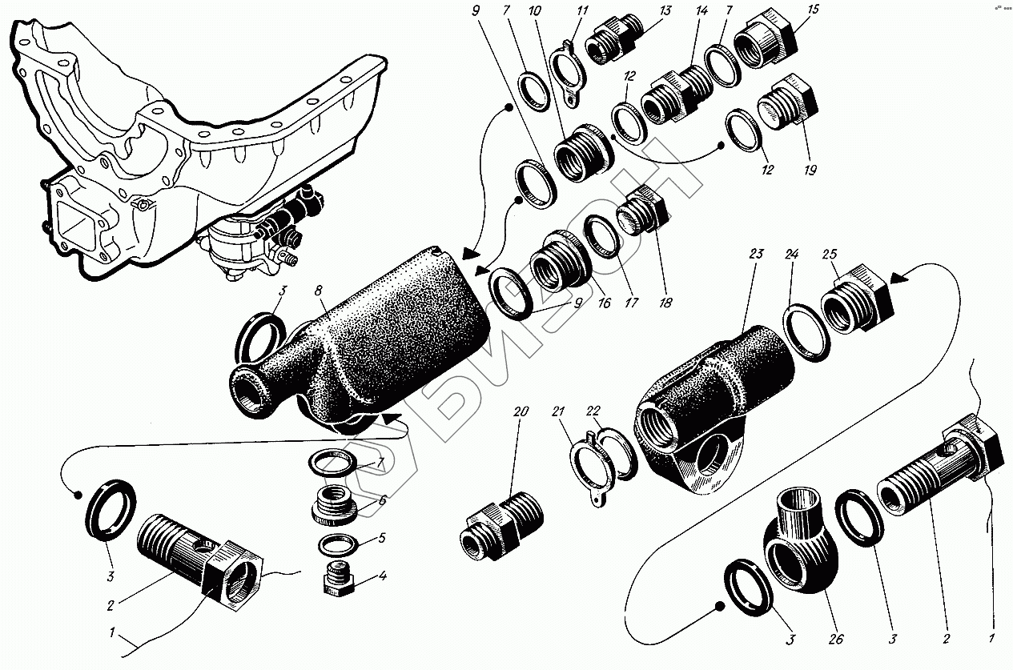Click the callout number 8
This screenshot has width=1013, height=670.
pyautogui.click(x=319, y=291)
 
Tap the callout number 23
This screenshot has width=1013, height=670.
pyautogui.click(x=756, y=254)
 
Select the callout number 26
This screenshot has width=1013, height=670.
pyautogui.click(x=836, y=639)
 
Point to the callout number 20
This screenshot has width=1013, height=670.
pyautogui.click(x=521, y=411)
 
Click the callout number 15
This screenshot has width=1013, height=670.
pyautogui.click(x=813, y=9)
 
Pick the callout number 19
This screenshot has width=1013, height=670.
pyautogui.click(x=810, y=170)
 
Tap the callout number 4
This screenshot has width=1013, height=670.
pyautogui.click(x=383, y=576)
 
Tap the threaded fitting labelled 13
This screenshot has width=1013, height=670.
pyautogui.click(x=614, y=39)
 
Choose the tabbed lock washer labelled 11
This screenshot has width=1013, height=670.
pyautogui.click(x=568, y=74)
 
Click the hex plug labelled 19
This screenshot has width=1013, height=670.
pyautogui.click(x=787, y=102)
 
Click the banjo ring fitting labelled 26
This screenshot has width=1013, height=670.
pyautogui.click(x=800, y=548)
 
